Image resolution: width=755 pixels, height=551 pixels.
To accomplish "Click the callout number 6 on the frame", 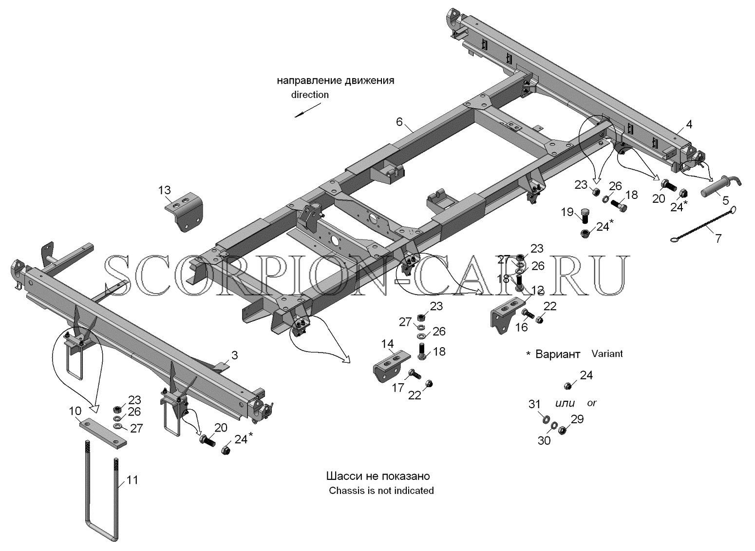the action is pos(399,122).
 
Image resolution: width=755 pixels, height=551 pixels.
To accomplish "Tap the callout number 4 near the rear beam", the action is pos(689,124).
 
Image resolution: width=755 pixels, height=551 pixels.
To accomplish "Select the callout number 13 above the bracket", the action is pos(165,190).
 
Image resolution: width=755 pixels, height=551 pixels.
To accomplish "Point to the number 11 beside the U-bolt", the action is pos(132,480).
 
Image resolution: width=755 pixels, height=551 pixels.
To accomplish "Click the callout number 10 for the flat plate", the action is pos(75,411).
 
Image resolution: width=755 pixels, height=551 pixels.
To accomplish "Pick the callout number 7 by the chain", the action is pos(718,238).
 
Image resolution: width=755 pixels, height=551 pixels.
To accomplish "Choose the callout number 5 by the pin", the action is pos(726,200).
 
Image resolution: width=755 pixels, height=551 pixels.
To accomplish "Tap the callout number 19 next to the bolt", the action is pos(567,212).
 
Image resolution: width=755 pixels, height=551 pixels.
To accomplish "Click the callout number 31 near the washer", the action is pos(534,404).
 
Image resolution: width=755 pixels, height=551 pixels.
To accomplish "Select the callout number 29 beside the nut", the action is pos(577,419).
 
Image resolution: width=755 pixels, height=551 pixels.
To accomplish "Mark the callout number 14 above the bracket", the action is pos(387,344).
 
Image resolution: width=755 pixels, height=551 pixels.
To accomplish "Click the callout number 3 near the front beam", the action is pos(235,355).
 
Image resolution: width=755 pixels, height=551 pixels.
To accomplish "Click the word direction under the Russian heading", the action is pos(310,95).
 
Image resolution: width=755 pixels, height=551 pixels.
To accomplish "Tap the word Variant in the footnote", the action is pos(607,354).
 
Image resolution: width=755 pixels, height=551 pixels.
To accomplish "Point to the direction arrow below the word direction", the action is pos(308,110).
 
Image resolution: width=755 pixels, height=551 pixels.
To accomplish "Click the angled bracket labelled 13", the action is pos(184,212).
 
